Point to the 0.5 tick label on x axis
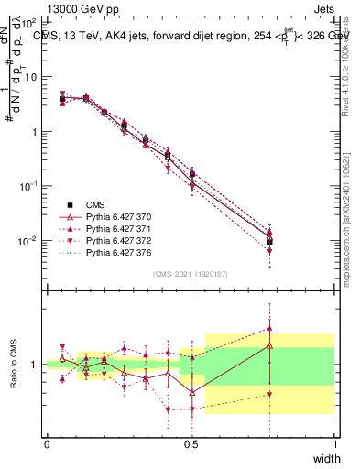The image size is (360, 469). [x=191, y=442]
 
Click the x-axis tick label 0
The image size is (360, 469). [x=47, y=442]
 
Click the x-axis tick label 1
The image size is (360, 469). [x=334, y=442]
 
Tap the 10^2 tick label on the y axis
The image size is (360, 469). [x=27, y=21]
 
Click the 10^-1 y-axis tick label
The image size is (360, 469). [x=27, y=186]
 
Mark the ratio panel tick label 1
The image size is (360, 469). [x=36, y=365]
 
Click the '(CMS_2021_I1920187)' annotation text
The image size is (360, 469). [x=191, y=273]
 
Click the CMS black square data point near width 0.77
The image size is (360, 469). [x=269, y=242]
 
